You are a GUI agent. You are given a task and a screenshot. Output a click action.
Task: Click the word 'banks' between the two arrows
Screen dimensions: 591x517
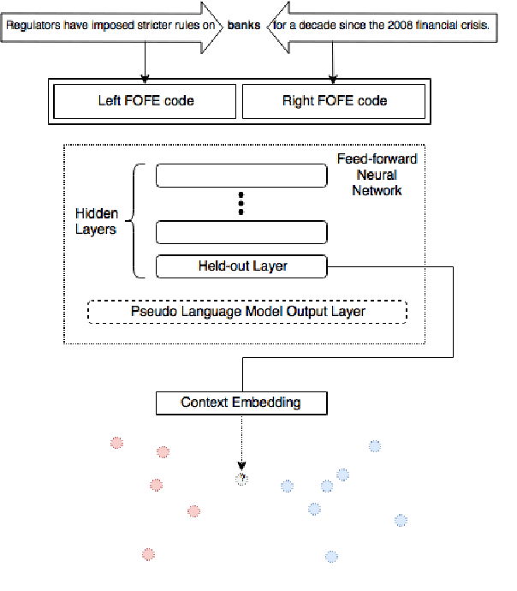(x=244, y=27)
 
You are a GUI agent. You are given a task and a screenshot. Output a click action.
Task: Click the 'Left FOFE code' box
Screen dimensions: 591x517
(x=146, y=101)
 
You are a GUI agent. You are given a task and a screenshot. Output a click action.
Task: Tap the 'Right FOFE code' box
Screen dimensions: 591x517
(x=335, y=101)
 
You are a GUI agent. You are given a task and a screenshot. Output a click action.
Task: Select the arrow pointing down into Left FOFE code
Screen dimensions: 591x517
(x=146, y=62)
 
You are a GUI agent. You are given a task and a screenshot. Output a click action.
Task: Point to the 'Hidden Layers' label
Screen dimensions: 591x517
(x=97, y=222)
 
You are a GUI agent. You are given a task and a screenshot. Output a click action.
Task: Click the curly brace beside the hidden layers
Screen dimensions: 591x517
(x=134, y=222)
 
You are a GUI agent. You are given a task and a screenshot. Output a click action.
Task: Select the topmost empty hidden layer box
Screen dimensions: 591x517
(x=241, y=176)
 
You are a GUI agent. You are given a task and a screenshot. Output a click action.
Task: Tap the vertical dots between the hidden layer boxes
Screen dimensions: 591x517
(x=241, y=204)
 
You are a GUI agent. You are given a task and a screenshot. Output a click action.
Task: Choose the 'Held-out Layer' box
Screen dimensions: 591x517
(x=241, y=266)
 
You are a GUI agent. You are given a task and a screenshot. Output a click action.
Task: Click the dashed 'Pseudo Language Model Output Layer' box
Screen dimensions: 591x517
(x=247, y=311)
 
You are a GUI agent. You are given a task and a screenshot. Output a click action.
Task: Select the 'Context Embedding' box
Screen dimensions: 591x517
(x=241, y=402)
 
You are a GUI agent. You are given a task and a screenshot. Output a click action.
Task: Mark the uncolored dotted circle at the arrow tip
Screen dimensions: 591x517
(x=241, y=478)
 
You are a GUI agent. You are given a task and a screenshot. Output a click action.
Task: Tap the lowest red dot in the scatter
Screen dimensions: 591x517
(x=148, y=554)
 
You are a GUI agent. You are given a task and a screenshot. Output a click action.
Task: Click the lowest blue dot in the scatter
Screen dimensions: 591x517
(x=330, y=557)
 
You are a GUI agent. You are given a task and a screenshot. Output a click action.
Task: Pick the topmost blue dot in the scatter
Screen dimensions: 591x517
(x=374, y=445)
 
